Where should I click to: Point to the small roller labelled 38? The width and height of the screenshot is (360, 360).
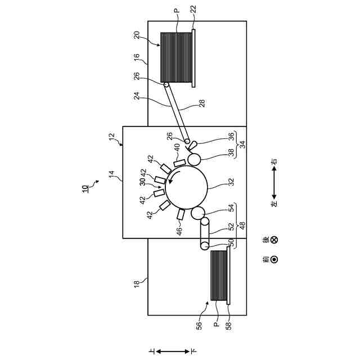194,159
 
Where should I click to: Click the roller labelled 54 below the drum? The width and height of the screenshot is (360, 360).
198,214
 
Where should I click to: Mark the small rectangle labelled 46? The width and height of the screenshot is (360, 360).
181,215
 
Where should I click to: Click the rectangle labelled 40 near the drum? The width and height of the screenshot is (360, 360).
179,163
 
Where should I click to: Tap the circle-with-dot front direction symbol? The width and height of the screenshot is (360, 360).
274,259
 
